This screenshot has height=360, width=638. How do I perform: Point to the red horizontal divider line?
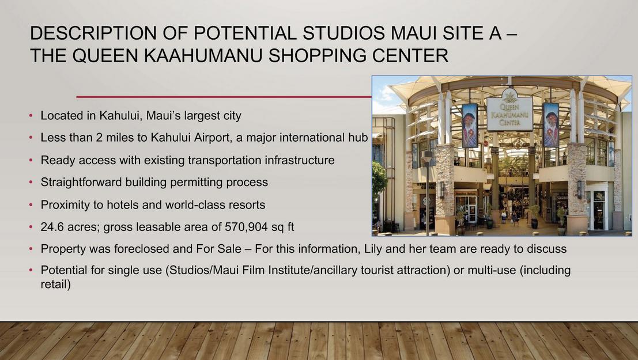click(x=224, y=97)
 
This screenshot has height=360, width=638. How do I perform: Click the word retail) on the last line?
click(x=56, y=284)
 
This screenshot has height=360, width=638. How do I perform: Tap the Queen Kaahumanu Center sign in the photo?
click(x=510, y=113)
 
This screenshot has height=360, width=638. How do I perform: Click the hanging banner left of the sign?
click(x=470, y=126)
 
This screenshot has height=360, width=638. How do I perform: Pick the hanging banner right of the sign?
click(x=551, y=124)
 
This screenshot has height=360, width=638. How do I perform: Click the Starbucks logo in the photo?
click(x=426, y=201)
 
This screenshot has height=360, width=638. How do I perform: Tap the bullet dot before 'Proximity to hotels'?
click(x=31, y=204)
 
